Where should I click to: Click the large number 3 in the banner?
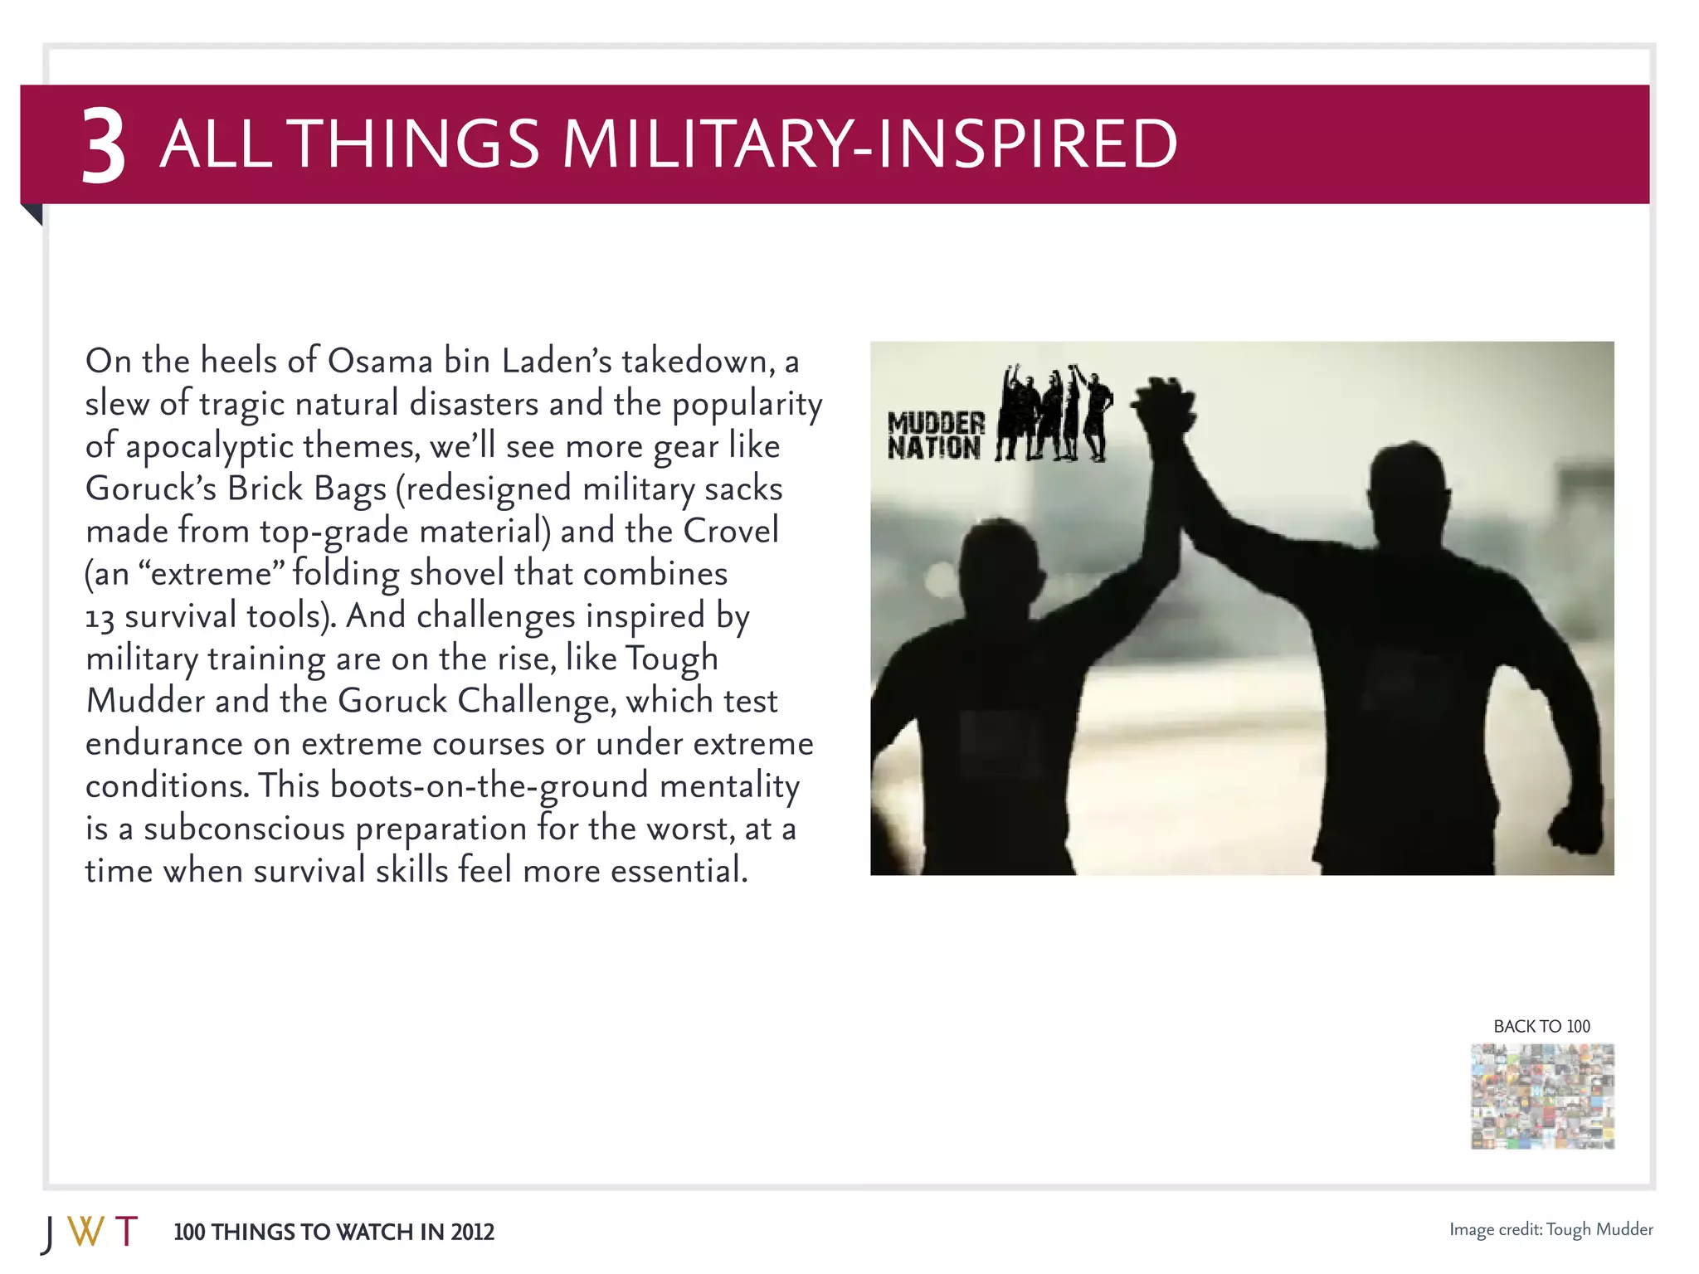[104, 147]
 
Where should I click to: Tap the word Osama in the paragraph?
[380, 361]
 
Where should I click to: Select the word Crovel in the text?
[731, 531]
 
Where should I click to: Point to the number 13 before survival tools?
[100, 617]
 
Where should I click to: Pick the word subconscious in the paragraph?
[244, 829]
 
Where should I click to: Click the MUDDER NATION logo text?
[935, 435]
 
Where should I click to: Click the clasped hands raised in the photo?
[1164, 406]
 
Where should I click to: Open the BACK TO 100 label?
[1541, 1026]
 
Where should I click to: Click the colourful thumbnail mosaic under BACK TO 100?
[1542, 1097]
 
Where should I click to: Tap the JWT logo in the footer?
[90, 1233]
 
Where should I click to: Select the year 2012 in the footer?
[472, 1233]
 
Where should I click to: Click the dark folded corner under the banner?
[34, 213]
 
